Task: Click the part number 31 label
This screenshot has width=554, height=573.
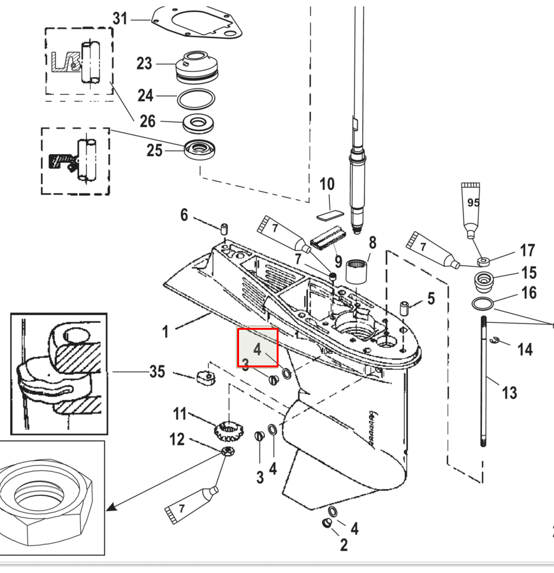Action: coord(120,18)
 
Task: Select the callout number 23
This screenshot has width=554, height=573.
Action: coord(145,64)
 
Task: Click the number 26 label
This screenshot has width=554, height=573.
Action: coord(147,120)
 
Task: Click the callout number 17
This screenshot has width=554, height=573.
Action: coord(527,250)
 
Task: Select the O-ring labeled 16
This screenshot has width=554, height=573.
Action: coord(483,302)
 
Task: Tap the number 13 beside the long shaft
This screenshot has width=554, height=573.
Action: coord(509,392)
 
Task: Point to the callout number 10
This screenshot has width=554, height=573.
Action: coord(326,185)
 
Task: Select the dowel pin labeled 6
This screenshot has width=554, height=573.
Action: coord(224,229)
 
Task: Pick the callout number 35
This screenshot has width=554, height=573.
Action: coord(157,371)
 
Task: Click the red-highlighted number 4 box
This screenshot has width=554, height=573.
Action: coord(258,348)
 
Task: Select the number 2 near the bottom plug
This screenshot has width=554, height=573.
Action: coord(344,544)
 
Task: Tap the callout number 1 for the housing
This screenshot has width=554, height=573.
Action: coord(166,331)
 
